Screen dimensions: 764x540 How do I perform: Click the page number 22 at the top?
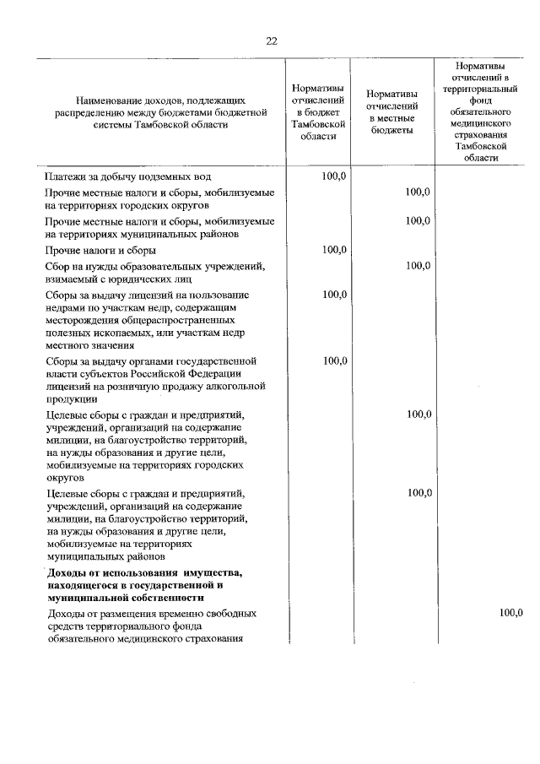(271, 40)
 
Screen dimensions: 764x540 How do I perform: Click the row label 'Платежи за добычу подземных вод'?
(127, 177)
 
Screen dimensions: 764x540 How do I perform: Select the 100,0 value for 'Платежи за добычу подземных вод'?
(335, 176)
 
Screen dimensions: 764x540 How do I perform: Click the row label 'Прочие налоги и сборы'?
(100, 251)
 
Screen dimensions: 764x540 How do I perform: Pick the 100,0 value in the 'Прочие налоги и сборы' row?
(335, 250)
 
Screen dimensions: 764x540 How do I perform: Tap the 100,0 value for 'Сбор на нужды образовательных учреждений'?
(418, 265)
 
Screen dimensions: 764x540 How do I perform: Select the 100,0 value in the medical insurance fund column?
(510, 613)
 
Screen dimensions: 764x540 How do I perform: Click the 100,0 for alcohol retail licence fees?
(335, 361)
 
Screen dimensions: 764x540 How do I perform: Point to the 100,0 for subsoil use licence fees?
(335, 294)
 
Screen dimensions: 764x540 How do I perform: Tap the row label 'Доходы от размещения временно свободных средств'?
(152, 614)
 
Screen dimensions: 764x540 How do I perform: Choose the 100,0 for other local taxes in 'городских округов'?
(418, 192)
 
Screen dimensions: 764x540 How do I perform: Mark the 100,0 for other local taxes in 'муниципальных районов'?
(418, 221)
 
